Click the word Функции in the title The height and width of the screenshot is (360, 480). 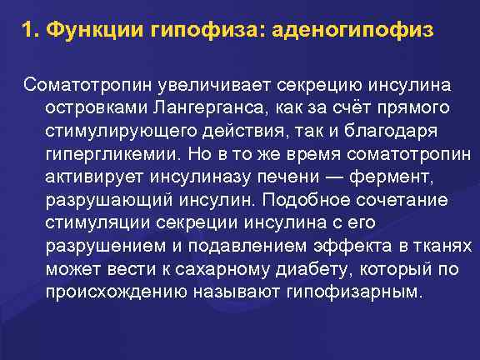91,31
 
